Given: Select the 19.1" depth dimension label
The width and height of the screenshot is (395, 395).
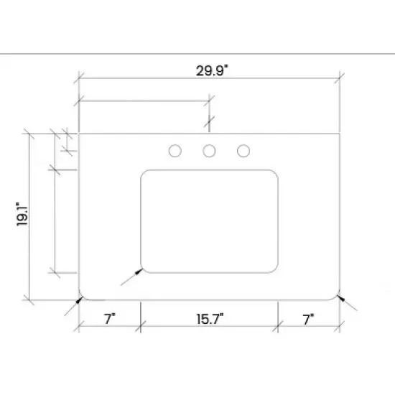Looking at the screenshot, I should point(22,215).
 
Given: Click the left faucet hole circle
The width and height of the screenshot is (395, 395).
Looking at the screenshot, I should point(175,151).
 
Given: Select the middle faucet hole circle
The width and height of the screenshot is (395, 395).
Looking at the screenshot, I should point(209,151).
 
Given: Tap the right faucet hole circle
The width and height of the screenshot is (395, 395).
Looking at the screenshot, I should point(243,151).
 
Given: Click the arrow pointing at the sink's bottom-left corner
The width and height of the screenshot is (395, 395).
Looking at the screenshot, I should point(132,276).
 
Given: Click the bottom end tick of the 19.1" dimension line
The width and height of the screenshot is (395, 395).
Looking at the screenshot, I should point(29,298).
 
